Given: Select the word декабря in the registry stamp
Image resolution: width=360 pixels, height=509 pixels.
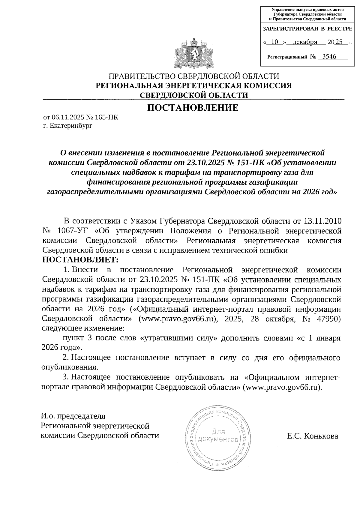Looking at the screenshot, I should coord(305,42).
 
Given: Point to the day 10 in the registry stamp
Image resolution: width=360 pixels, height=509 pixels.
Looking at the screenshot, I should coord(274,42).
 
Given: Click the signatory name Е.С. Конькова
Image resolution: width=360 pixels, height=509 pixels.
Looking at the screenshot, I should coord(312,436).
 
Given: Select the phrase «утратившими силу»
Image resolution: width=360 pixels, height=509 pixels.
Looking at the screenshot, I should coord(179,338).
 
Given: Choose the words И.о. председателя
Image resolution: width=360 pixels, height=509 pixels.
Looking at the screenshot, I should coord(73,416).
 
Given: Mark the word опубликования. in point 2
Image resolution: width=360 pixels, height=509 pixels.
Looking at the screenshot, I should coord(70,367).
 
